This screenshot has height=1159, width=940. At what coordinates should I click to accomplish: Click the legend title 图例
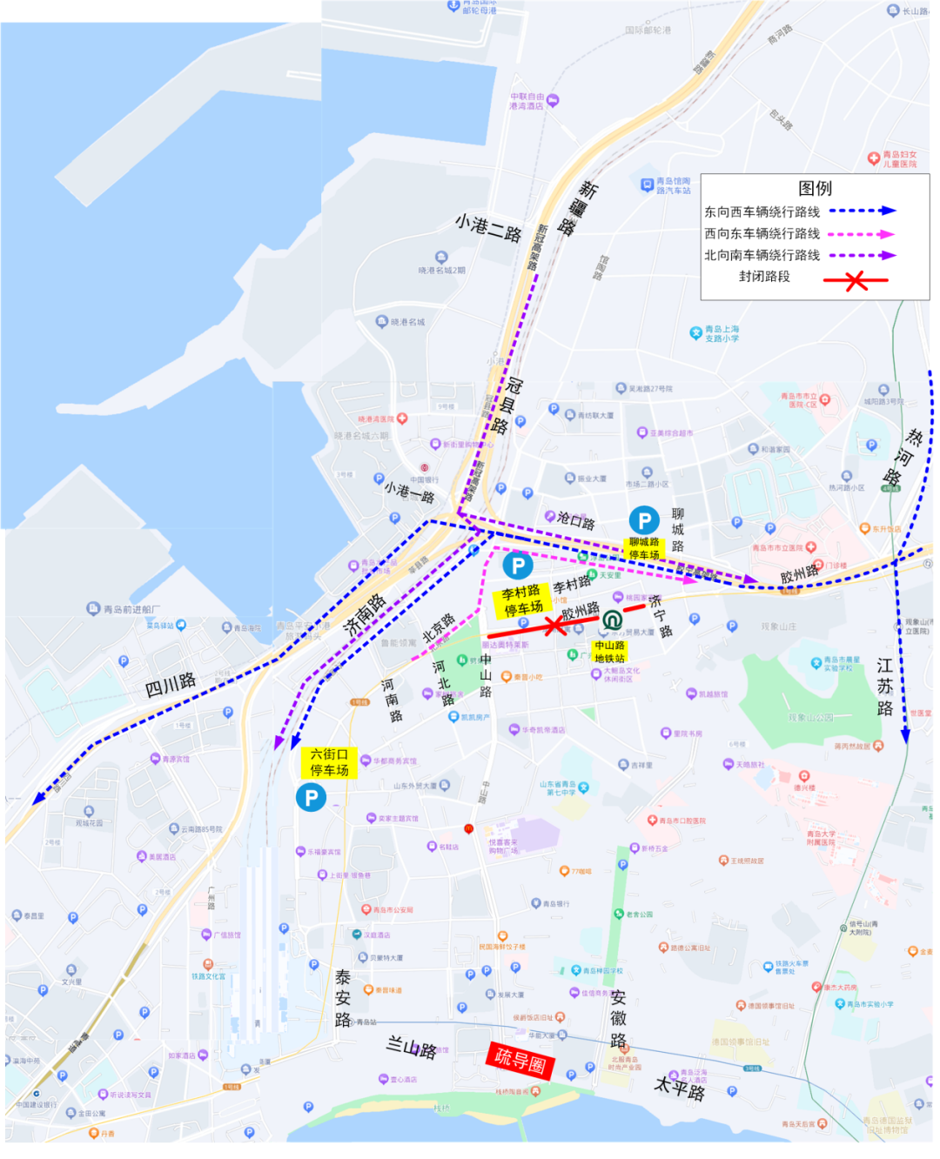tap(815, 188)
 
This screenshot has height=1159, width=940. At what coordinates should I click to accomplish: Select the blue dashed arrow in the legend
tap(862, 211)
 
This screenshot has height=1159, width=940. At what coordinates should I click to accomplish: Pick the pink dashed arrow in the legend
tap(861, 233)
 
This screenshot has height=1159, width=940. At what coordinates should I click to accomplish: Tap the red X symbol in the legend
tap(856, 280)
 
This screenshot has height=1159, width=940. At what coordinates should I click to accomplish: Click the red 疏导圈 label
tap(520, 1060)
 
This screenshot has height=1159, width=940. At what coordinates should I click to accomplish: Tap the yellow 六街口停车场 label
tap(329, 762)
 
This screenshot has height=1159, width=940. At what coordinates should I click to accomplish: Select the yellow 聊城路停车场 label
tap(644, 548)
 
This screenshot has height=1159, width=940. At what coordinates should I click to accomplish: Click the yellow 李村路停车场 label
tap(522, 600)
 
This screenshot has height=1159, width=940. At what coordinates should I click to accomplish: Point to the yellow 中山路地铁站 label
tap(610, 652)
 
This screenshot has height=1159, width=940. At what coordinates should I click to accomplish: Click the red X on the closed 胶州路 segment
tap(554, 625)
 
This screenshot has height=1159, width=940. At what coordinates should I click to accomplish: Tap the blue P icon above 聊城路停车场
tap(644, 520)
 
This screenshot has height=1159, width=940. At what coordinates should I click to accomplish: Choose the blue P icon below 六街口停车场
tap(311, 797)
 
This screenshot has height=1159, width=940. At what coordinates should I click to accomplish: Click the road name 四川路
tap(170, 685)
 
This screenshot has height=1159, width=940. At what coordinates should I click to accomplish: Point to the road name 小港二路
tap(488, 228)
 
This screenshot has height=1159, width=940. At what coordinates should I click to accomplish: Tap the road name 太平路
tap(679, 1088)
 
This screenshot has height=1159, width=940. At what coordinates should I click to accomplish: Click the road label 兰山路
tap(411, 1047)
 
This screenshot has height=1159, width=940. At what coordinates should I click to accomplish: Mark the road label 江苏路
tap(885, 687)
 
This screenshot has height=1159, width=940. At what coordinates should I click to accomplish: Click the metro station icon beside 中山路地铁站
tap(612, 620)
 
